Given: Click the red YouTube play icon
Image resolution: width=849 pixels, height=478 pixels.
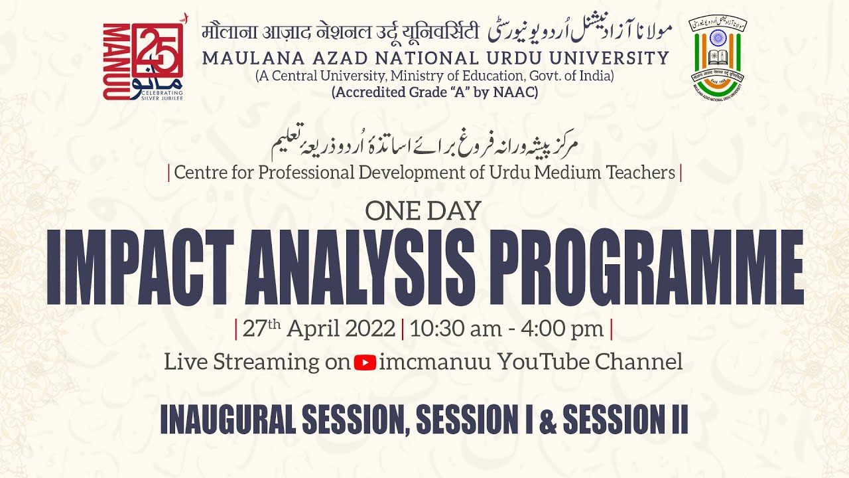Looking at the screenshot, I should coord(365,362).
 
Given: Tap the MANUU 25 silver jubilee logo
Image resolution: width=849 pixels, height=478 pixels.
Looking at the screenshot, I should coord(143,61).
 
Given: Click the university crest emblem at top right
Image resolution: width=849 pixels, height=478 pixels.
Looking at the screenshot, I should coord(717,57).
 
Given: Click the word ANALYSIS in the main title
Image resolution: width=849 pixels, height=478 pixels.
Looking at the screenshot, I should coord(364,267).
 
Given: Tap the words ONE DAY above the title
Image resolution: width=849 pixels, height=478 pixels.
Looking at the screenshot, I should coord(423,211).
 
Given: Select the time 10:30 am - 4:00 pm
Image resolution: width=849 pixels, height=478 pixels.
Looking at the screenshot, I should coord(507,329).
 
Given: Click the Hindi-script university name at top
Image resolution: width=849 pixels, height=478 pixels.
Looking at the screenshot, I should coord(340,31).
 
